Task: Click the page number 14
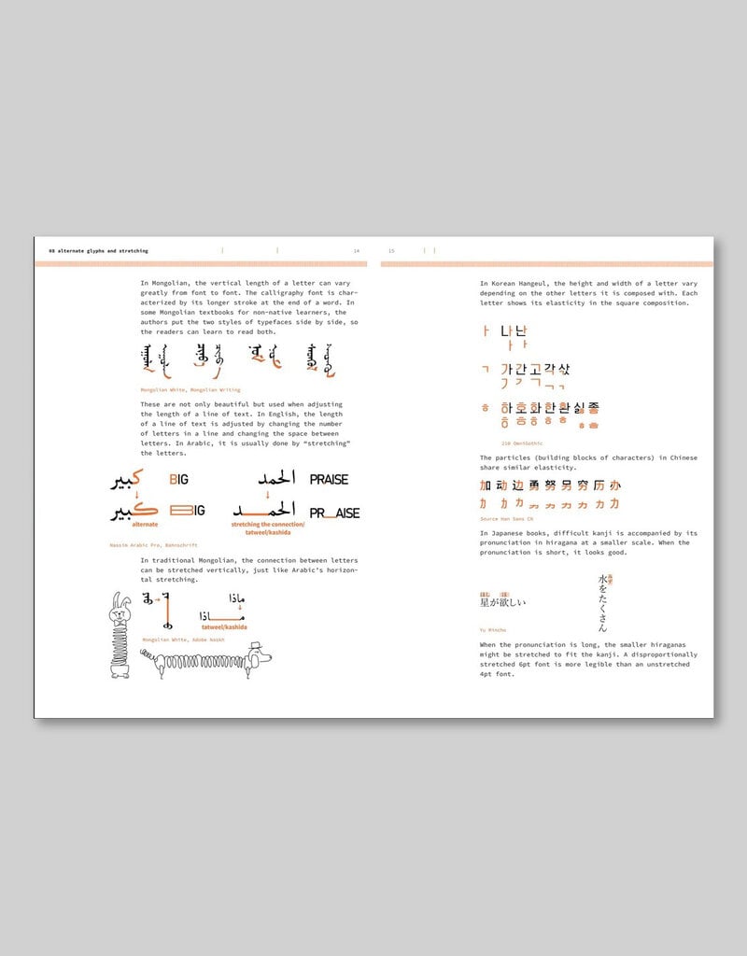coord(356,251)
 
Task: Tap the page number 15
coord(391,251)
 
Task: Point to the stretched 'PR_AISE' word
coord(334,513)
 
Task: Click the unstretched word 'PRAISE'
coord(329,479)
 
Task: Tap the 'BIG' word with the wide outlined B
coord(188,511)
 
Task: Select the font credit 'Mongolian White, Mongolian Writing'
coord(190,389)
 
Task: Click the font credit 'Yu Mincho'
coord(494,629)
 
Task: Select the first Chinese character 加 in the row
coord(485,485)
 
